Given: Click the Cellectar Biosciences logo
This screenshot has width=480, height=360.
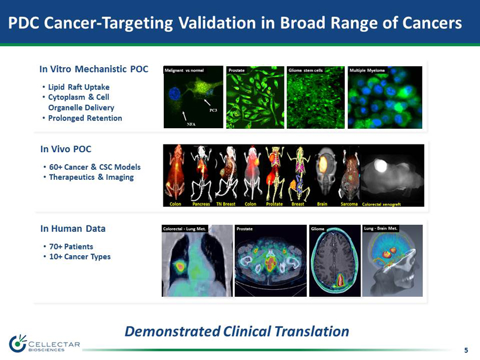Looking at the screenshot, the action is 44,344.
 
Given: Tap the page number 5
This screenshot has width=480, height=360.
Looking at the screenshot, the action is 466,350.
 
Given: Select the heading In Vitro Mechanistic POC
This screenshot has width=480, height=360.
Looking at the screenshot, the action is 94,69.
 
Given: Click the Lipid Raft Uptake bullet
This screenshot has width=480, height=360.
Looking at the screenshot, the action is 78,87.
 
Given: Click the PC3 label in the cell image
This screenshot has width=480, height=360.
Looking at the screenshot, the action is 213,110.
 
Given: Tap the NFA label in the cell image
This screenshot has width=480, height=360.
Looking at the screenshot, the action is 191,124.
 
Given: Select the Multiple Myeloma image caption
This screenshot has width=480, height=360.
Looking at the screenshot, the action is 367,70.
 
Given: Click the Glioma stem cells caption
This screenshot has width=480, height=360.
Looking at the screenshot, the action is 306,70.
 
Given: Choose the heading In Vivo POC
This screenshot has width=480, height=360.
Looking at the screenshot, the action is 66,149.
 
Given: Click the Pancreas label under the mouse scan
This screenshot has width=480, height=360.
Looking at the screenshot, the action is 201,204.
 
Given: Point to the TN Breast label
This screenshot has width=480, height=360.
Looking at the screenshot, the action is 225,204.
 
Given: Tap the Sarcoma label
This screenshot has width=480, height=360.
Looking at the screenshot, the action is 349,204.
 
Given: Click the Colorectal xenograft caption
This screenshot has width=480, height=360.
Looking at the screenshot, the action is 381,204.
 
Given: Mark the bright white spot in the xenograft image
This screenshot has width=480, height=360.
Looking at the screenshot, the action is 380,166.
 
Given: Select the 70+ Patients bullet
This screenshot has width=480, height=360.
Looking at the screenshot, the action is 71,247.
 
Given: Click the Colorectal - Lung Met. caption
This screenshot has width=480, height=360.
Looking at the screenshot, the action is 184,229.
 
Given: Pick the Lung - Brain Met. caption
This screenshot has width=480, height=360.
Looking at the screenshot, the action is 380,228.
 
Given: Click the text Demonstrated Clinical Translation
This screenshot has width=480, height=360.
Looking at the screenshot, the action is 236,331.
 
